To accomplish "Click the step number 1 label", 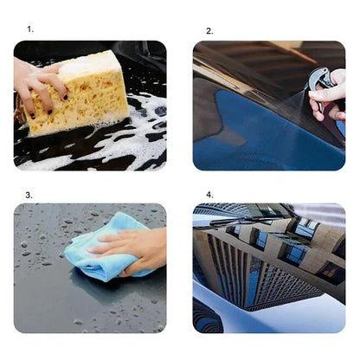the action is coord(30,29).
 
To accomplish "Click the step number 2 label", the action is coord(209,31).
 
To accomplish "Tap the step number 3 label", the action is coord(29,196).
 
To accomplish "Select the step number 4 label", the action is coord(209,195).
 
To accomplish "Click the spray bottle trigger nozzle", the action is coord(318,80).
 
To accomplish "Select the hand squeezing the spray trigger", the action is coord(329,95).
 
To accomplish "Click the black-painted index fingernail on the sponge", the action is coord(66,97).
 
